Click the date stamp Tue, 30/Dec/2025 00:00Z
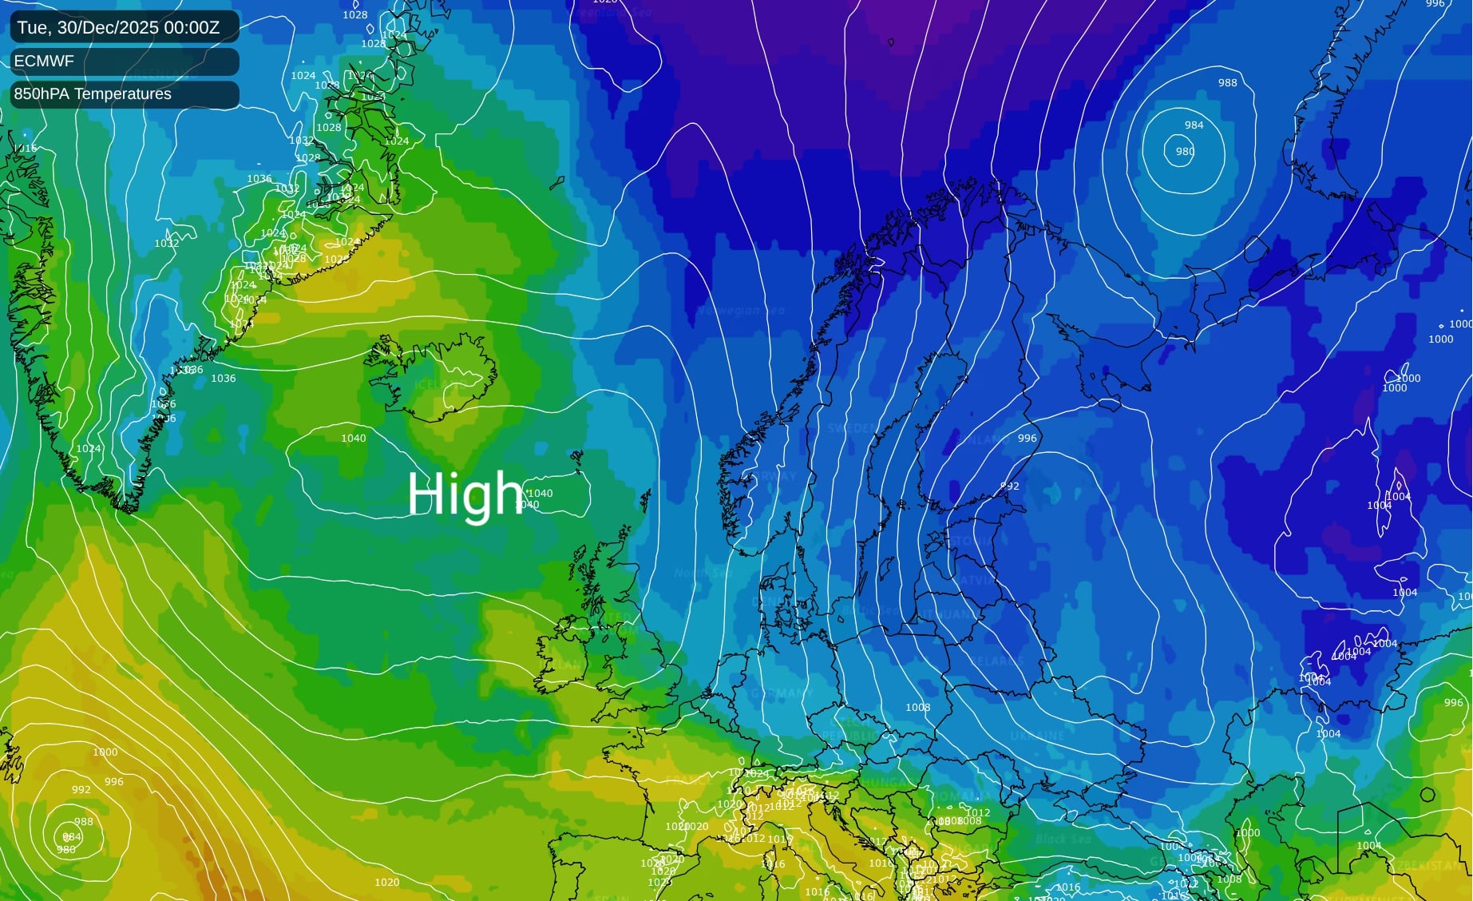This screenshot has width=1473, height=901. click(118, 28)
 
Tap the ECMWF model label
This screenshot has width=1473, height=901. click(44, 62)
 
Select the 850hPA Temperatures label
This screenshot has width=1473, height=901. click(93, 94)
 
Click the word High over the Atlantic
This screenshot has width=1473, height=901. click(465, 494)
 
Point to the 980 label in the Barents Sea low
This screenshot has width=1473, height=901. click(1185, 152)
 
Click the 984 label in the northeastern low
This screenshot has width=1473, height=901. click(1194, 125)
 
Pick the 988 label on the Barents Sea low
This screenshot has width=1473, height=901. click(1227, 83)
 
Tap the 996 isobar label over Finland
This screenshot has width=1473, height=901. click(1027, 439)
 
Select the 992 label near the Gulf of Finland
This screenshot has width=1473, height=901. click(1009, 486)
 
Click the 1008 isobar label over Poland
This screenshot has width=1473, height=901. click(917, 708)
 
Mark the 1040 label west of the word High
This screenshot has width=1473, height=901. click(354, 439)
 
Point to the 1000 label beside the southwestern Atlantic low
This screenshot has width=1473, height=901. click(105, 752)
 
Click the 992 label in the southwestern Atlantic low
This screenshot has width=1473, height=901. click(81, 790)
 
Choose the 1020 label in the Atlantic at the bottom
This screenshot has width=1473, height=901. click(386, 883)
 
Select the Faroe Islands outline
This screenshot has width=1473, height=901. click(576, 460)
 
